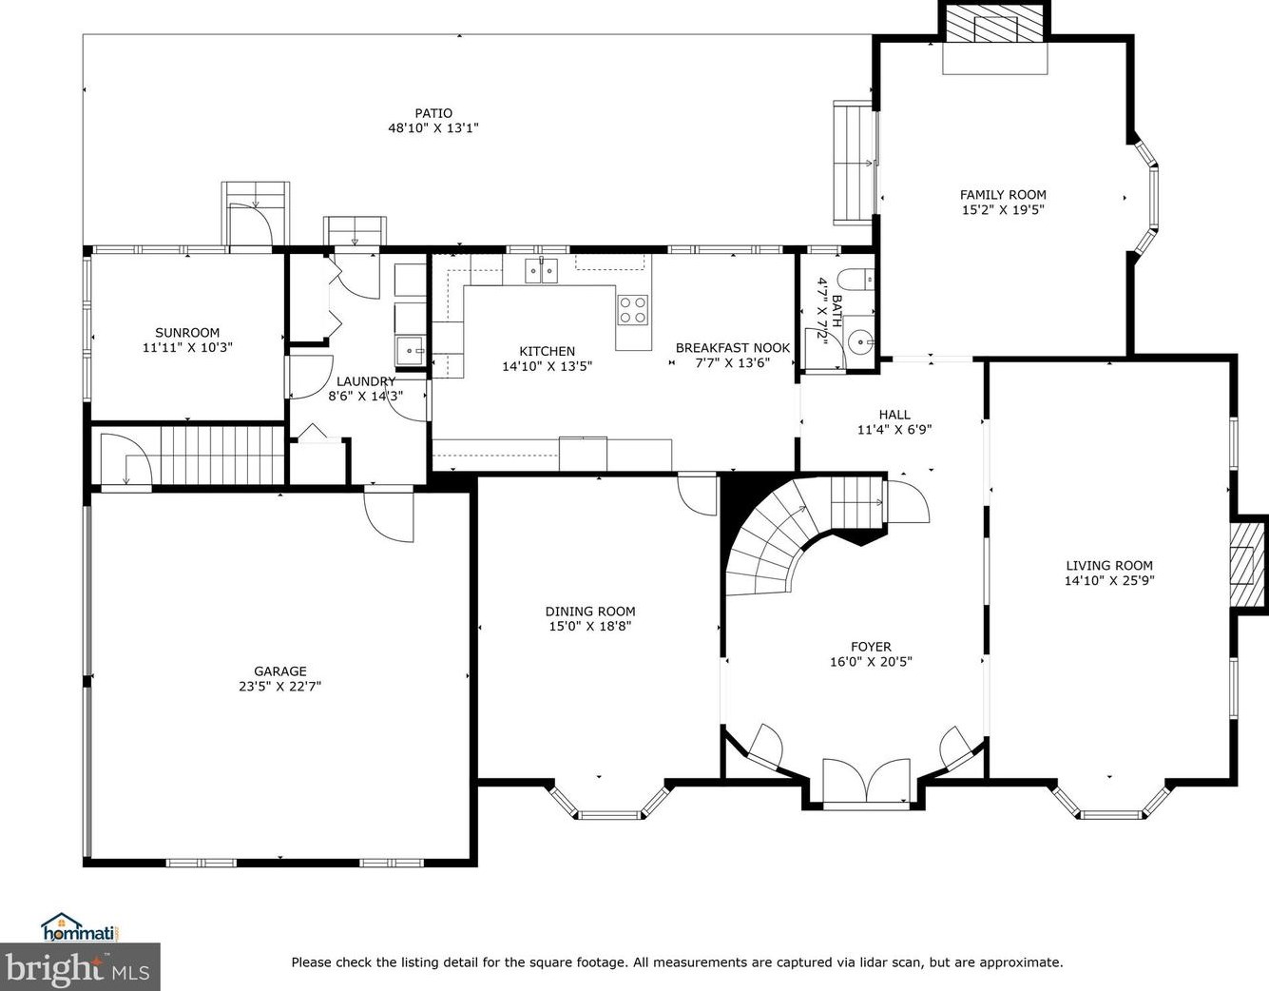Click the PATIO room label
coord(433,113)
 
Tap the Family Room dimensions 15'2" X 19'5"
coord(1003,210)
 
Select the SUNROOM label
coord(187,333)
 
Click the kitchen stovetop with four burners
coord(633,310)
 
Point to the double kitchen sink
coord(541,271)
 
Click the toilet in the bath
coord(856,280)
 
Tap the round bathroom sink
coord(859,339)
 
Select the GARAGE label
coord(280,671)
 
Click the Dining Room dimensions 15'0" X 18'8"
coord(590,627)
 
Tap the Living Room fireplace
coord(1248,564)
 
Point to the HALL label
coord(894,415)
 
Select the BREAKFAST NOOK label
coord(733,348)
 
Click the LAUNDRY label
coord(366,381)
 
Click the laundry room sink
coord(411,351)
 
